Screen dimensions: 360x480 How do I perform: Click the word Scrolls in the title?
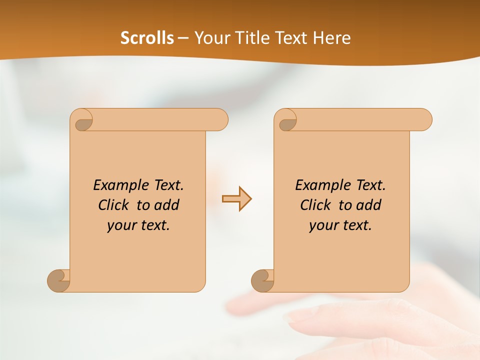pos(147,38)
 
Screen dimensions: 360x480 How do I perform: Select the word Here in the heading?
pos(332,38)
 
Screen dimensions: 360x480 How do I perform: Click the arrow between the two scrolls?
pos(236,198)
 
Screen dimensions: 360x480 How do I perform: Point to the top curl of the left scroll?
pos(82,120)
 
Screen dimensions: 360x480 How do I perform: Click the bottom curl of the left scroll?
pos(58,280)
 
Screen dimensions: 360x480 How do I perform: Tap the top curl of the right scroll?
pos(287,120)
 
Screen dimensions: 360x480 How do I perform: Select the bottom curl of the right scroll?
pos(262,280)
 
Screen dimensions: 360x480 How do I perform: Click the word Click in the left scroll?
pos(114,205)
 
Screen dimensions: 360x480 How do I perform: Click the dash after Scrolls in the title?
pos(183,38)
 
